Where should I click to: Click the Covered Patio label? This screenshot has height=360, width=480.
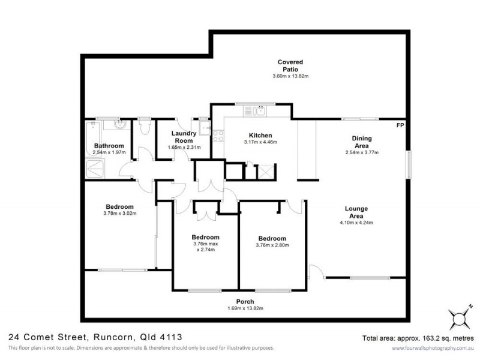290,65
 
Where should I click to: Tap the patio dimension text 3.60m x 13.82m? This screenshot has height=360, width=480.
290,77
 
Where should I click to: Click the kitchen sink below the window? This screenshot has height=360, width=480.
261,110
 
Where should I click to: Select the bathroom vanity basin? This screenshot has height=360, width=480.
119,125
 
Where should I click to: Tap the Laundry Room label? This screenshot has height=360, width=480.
184,137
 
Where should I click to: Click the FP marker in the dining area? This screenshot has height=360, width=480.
400,125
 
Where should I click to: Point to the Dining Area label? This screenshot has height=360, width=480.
361,142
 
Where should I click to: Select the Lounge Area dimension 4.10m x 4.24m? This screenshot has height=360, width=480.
356,223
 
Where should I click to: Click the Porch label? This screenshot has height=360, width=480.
245,301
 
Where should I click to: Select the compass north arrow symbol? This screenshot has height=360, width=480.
458,316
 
